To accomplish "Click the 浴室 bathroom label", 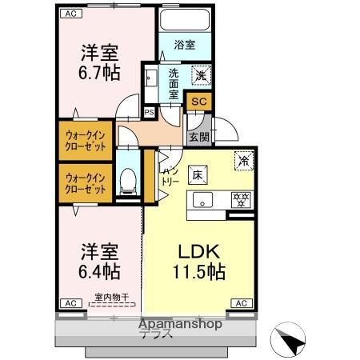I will click(185, 46).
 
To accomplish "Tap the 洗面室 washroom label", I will click(175, 84).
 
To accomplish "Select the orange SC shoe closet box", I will click(200, 102).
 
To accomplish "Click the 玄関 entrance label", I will click(198, 137).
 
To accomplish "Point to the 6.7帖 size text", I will click(100, 73).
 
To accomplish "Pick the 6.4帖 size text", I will click(100, 270).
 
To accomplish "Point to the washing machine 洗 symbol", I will click(201, 74).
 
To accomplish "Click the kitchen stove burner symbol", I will click(238, 199).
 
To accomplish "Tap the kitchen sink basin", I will click(202, 200).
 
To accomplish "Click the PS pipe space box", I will click(149, 112).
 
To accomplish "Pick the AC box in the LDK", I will click(240, 303).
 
